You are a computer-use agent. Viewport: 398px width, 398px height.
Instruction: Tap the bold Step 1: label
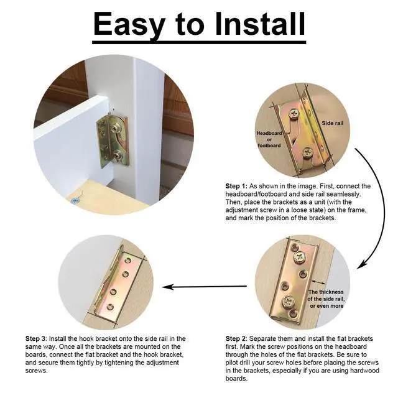[236, 186]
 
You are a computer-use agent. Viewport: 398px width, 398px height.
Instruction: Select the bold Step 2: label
[236, 338]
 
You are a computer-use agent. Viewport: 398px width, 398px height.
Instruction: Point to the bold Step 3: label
[36, 338]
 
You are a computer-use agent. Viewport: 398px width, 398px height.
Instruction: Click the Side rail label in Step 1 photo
[332, 123]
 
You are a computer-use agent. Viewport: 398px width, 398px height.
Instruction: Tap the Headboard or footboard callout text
[269, 139]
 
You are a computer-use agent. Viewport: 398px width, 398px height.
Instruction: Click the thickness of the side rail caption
[326, 299]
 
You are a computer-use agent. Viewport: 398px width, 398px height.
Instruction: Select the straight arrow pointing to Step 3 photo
[205, 287]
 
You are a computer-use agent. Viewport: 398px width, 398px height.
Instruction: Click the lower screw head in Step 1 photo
[308, 152]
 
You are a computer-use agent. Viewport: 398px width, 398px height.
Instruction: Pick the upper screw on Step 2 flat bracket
[300, 256]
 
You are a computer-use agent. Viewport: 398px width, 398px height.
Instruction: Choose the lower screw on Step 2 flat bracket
[289, 301]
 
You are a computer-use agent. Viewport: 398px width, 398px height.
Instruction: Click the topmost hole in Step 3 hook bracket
[129, 261]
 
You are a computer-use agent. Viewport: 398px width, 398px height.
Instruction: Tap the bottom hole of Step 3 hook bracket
[110, 307]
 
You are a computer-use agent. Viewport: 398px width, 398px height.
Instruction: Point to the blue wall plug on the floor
[75, 201]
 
